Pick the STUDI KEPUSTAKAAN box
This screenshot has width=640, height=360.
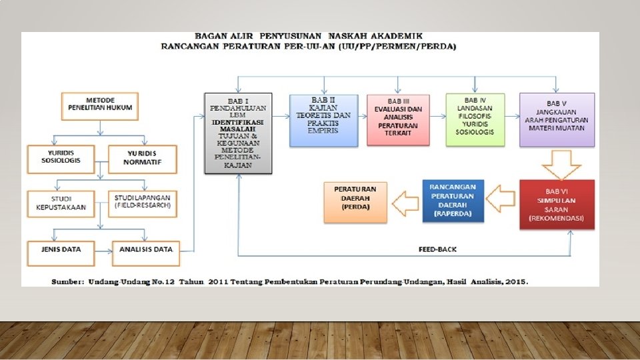(x=61, y=203)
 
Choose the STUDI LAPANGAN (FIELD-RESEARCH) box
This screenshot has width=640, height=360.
(x=144, y=203)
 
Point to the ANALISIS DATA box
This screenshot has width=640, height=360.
(x=145, y=250)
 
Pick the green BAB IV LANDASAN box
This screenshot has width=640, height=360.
(x=475, y=120)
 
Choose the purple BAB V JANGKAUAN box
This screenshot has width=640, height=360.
(x=557, y=120)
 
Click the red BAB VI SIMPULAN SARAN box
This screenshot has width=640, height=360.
(x=557, y=204)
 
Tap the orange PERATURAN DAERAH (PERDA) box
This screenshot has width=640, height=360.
(x=354, y=201)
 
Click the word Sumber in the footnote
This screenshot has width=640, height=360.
(x=67, y=281)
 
